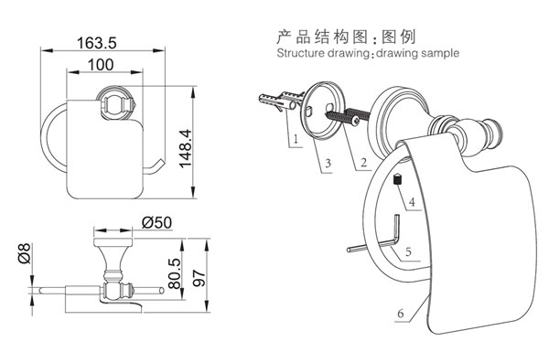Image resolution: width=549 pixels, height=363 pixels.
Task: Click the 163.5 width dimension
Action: tap(96, 43)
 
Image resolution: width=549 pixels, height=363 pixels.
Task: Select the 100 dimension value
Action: tap(101, 65)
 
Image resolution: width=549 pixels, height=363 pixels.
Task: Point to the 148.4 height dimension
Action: tap(185, 148)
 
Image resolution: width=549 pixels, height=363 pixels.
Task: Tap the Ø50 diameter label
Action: tap(156, 222)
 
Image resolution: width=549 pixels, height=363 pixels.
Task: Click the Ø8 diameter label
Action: tap(25, 253)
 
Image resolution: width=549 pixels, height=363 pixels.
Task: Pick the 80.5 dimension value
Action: tap(175, 273)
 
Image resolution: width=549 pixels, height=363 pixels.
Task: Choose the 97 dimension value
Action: tap(199, 278)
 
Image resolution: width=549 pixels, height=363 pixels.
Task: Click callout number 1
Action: tap(296, 139)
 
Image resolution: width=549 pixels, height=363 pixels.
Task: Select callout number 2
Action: tap(364, 162)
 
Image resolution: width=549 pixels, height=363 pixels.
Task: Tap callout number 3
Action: tap(328, 163)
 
